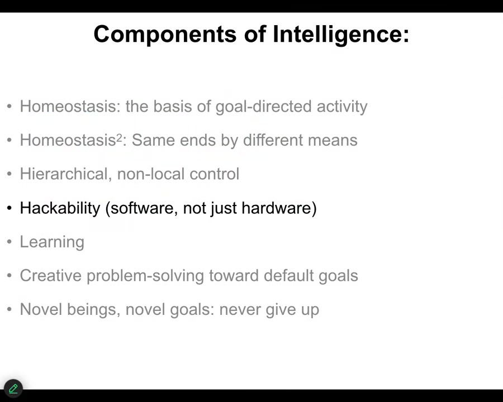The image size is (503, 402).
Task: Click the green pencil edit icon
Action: (x=13, y=389)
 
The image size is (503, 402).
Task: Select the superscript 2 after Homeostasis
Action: (x=120, y=137)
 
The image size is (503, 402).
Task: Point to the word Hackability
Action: (x=60, y=208)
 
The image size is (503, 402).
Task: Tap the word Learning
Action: (x=52, y=242)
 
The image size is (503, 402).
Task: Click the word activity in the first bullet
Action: (x=342, y=107)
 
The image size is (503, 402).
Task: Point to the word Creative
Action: (x=51, y=276)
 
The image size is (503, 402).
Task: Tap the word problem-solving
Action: (x=145, y=276)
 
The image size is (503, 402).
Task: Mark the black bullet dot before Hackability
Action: (x=10, y=208)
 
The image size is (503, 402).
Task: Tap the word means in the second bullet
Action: (x=331, y=140)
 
